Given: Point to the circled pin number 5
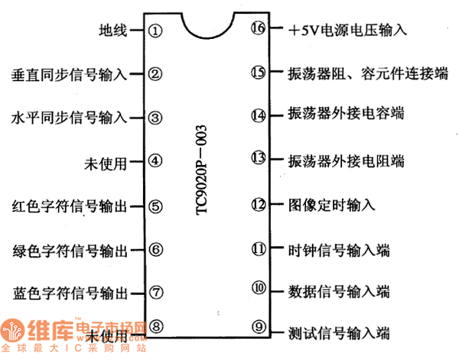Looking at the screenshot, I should click(155, 206).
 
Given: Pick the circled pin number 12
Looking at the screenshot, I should click(258, 205).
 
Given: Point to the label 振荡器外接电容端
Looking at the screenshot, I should click(347, 115).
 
